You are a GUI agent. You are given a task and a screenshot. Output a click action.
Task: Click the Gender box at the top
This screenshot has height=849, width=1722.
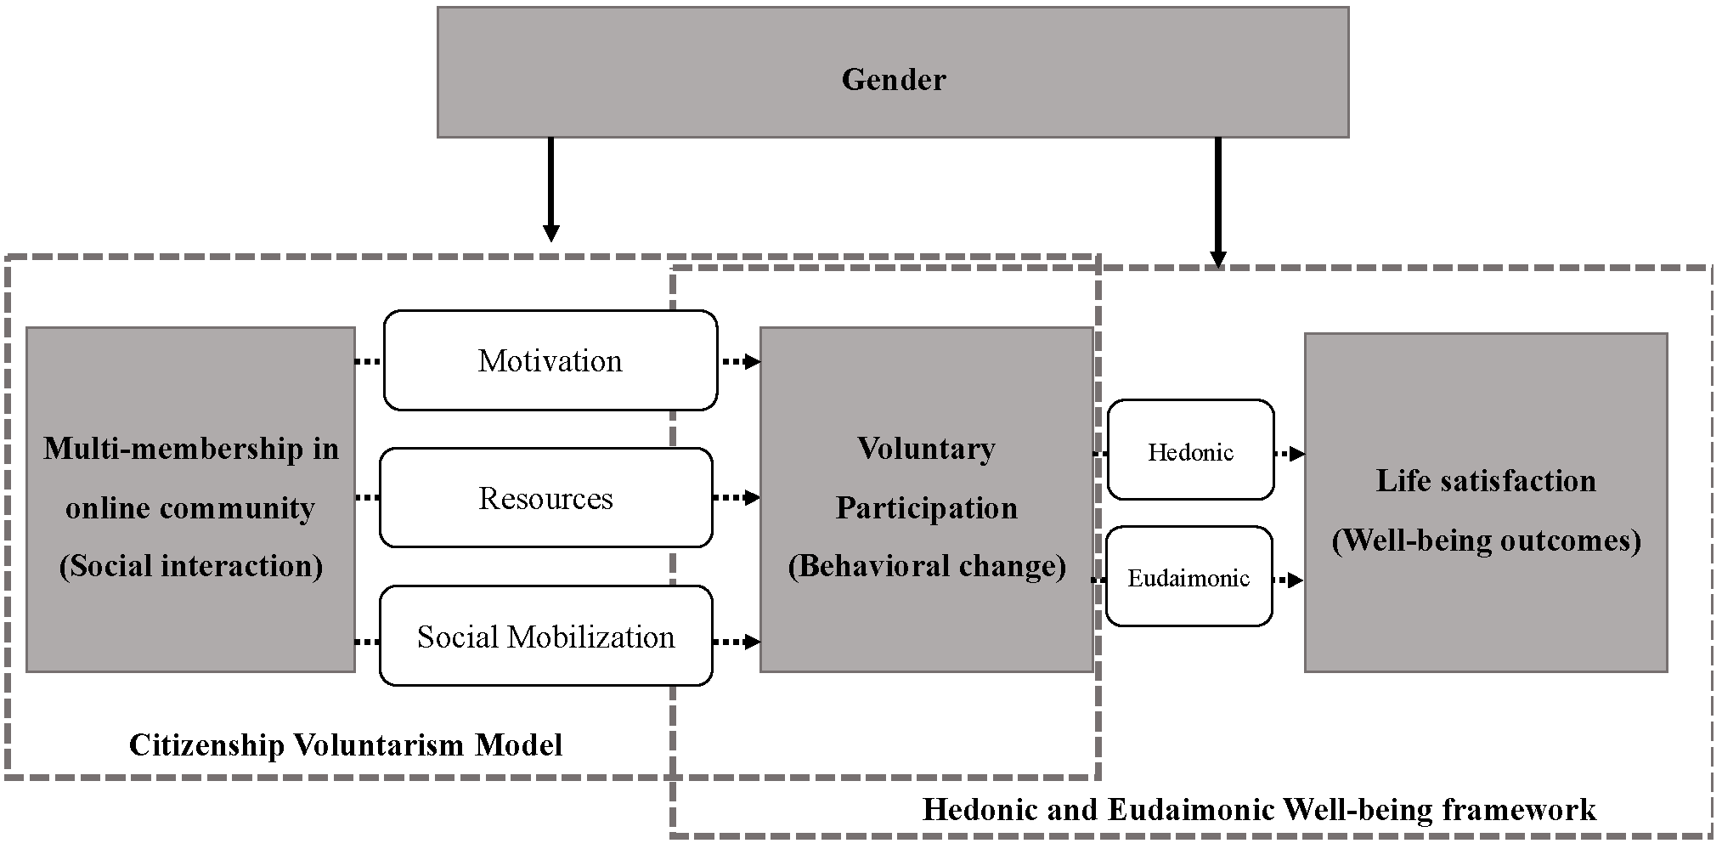893,73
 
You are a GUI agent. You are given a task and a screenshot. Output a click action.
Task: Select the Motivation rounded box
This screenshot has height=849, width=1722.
550,360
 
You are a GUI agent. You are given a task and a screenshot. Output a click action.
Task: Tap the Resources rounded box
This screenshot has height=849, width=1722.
545,498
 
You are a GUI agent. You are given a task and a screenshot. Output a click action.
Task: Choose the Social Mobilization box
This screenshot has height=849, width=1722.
545,637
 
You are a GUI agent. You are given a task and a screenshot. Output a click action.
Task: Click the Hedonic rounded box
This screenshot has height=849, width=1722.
1190,450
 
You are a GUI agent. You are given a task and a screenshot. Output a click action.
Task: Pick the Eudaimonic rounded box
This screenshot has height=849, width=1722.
1188,578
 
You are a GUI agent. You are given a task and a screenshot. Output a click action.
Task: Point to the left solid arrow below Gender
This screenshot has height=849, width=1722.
550,190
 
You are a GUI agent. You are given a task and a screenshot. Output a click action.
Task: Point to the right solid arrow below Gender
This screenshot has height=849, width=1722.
1217,201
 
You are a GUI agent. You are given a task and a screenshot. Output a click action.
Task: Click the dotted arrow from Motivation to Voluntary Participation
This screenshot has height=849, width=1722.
739,362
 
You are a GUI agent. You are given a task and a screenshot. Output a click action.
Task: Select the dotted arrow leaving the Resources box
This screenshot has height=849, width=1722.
736,497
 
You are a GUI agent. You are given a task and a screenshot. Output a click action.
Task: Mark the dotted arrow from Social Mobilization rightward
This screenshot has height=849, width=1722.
736,642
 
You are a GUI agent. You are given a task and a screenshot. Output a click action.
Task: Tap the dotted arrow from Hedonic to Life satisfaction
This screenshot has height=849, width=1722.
1290,454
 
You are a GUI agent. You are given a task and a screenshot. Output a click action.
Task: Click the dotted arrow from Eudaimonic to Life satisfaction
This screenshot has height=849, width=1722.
1288,580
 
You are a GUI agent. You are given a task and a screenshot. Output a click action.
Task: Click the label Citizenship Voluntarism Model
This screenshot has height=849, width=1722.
345,745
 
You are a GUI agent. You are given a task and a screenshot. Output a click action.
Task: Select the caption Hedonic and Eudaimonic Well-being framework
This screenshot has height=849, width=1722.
1259,809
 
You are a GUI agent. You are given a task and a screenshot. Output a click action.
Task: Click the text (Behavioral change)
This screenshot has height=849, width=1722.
926,566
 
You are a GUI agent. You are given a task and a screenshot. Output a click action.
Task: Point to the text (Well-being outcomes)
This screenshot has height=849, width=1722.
1486,541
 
